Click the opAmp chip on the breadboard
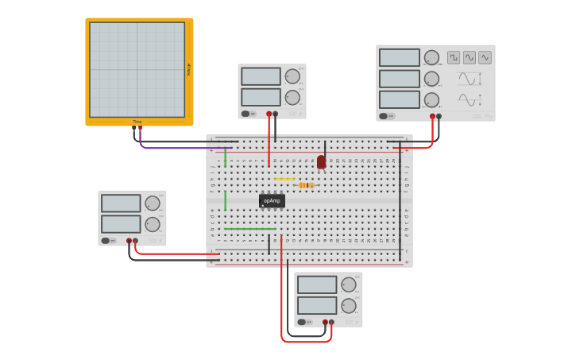(x=272, y=201)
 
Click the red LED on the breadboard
(x=321, y=162)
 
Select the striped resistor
(x=306, y=185)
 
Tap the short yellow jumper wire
(x=284, y=179)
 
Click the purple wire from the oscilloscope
(x=183, y=148)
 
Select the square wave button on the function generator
(x=454, y=57)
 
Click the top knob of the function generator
(x=431, y=57)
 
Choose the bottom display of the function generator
(x=399, y=99)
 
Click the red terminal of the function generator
(x=432, y=116)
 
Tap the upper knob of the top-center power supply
(x=292, y=76)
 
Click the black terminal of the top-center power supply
(x=275, y=114)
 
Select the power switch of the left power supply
(x=106, y=240)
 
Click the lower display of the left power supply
(x=121, y=224)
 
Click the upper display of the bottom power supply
(x=317, y=285)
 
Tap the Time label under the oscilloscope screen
(x=137, y=122)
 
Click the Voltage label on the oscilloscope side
(x=189, y=70)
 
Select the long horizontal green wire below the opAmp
(x=249, y=229)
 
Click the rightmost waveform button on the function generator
(x=485, y=57)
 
